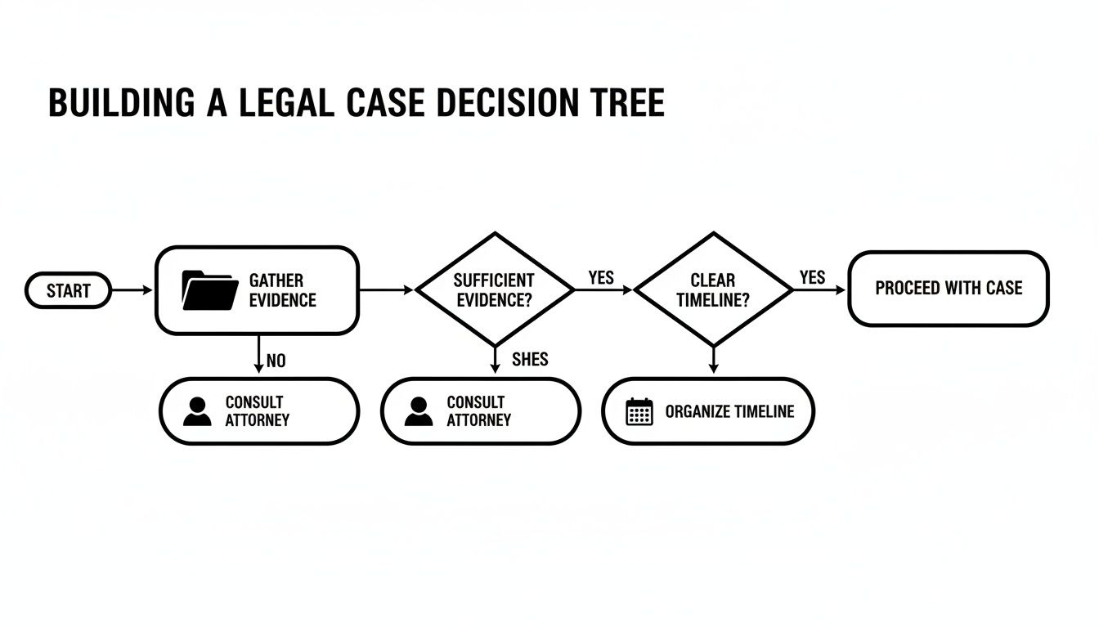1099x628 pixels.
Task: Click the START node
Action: point(68,290)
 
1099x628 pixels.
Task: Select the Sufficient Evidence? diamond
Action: point(494,289)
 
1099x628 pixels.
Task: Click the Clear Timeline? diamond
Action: point(713,289)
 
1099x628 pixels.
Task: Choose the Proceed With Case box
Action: point(948,289)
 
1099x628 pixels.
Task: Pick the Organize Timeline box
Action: point(708,411)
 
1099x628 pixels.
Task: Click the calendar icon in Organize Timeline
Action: point(639,411)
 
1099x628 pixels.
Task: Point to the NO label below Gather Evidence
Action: point(276,361)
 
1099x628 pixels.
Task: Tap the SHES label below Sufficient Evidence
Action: point(530,359)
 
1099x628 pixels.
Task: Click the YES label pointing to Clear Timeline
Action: point(601,278)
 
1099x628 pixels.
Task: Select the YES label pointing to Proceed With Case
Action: point(812,278)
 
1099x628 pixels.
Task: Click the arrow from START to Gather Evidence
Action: point(132,290)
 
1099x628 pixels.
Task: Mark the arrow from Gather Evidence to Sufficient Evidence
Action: point(387,289)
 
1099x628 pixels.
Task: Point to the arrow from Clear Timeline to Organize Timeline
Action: point(713,360)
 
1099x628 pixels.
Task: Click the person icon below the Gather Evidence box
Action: point(197,411)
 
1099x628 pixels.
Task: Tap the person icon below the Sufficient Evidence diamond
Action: point(419,411)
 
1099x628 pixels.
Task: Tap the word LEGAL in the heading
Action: point(281,104)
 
